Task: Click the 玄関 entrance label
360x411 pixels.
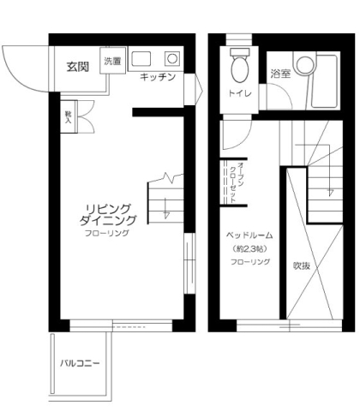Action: coord(78,67)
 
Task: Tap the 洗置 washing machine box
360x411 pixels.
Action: coord(112,61)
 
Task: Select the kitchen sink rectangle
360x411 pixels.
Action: coord(141,59)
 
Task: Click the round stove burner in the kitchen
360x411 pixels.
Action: coord(172,59)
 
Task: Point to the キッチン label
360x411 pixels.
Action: coord(158,76)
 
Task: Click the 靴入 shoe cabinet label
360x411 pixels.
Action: coord(68,117)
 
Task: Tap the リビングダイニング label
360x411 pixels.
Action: coord(108,215)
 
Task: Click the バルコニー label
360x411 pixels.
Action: coord(80,363)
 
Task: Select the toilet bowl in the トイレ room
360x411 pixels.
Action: coord(240,67)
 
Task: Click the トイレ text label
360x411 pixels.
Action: coord(240,93)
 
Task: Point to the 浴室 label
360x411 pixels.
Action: coord(280,74)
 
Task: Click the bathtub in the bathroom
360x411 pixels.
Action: coord(325,81)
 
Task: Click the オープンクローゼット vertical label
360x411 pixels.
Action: coord(237,182)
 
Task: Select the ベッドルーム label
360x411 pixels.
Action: coord(249,235)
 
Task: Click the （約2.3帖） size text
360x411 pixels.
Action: coord(249,249)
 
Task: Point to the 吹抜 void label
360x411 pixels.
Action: coord(302,265)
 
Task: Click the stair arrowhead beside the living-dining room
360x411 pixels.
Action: coord(166,215)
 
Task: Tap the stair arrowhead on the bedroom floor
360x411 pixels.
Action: coord(331,192)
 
